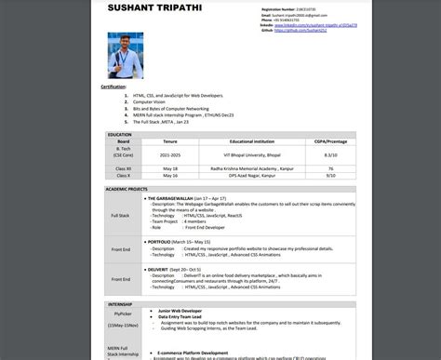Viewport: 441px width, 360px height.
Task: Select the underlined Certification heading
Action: pos(114,87)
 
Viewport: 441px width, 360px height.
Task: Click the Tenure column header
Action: pos(170,141)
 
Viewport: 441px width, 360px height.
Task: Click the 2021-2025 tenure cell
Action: pos(170,154)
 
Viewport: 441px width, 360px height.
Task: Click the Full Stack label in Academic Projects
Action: pos(120,215)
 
